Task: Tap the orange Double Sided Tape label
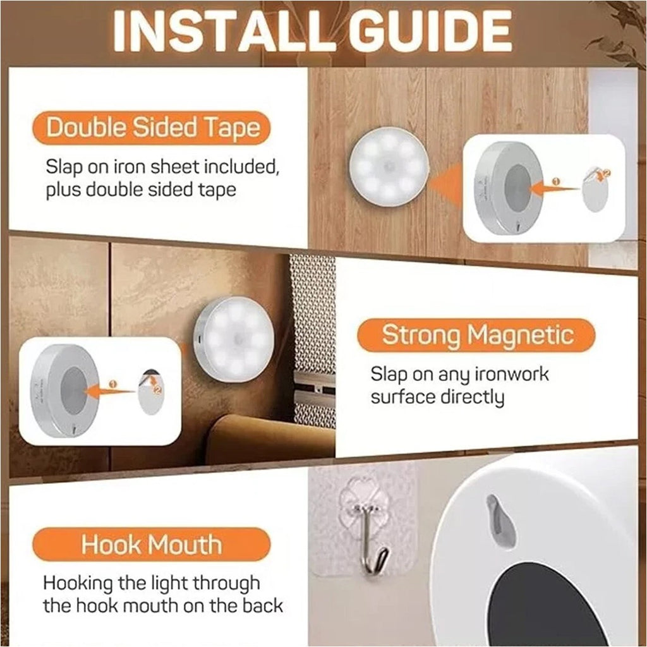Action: click(152, 128)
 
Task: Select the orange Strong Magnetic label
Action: click(476, 335)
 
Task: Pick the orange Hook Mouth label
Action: click(152, 544)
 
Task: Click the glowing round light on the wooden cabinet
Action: click(389, 166)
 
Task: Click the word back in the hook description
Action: click(262, 605)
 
